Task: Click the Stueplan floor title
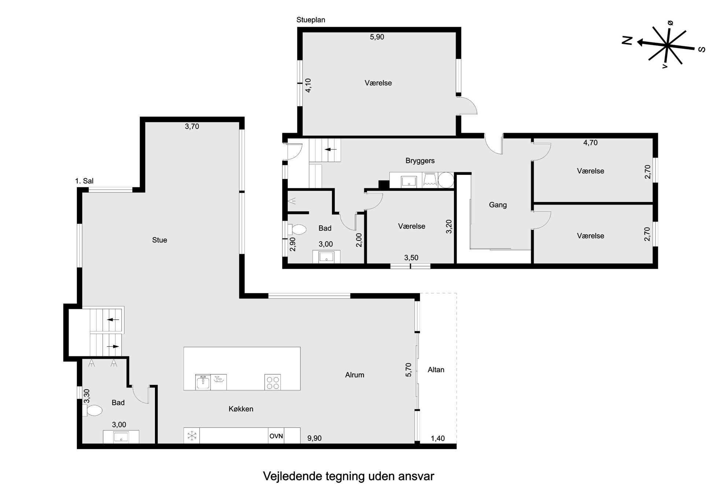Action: (311, 20)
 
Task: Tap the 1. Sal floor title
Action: (84, 181)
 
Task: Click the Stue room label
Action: (159, 240)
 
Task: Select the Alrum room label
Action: (354, 375)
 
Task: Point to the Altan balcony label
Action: (436, 370)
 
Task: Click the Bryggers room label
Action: (420, 161)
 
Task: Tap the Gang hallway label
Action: (498, 205)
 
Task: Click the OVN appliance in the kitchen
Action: (276, 436)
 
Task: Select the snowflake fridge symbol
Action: (192, 436)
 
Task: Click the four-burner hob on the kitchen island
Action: (273, 382)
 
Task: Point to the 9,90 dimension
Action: (314, 438)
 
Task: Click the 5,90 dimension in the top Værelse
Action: (377, 37)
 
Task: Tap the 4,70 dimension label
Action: (590, 143)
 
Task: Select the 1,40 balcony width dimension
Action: (438, 438)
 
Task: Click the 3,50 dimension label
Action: (411, 258)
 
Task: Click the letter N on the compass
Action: (627, 41)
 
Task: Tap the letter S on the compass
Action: (702, 49)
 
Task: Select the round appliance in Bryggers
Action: (446, 180)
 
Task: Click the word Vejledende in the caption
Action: (292, 476)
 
